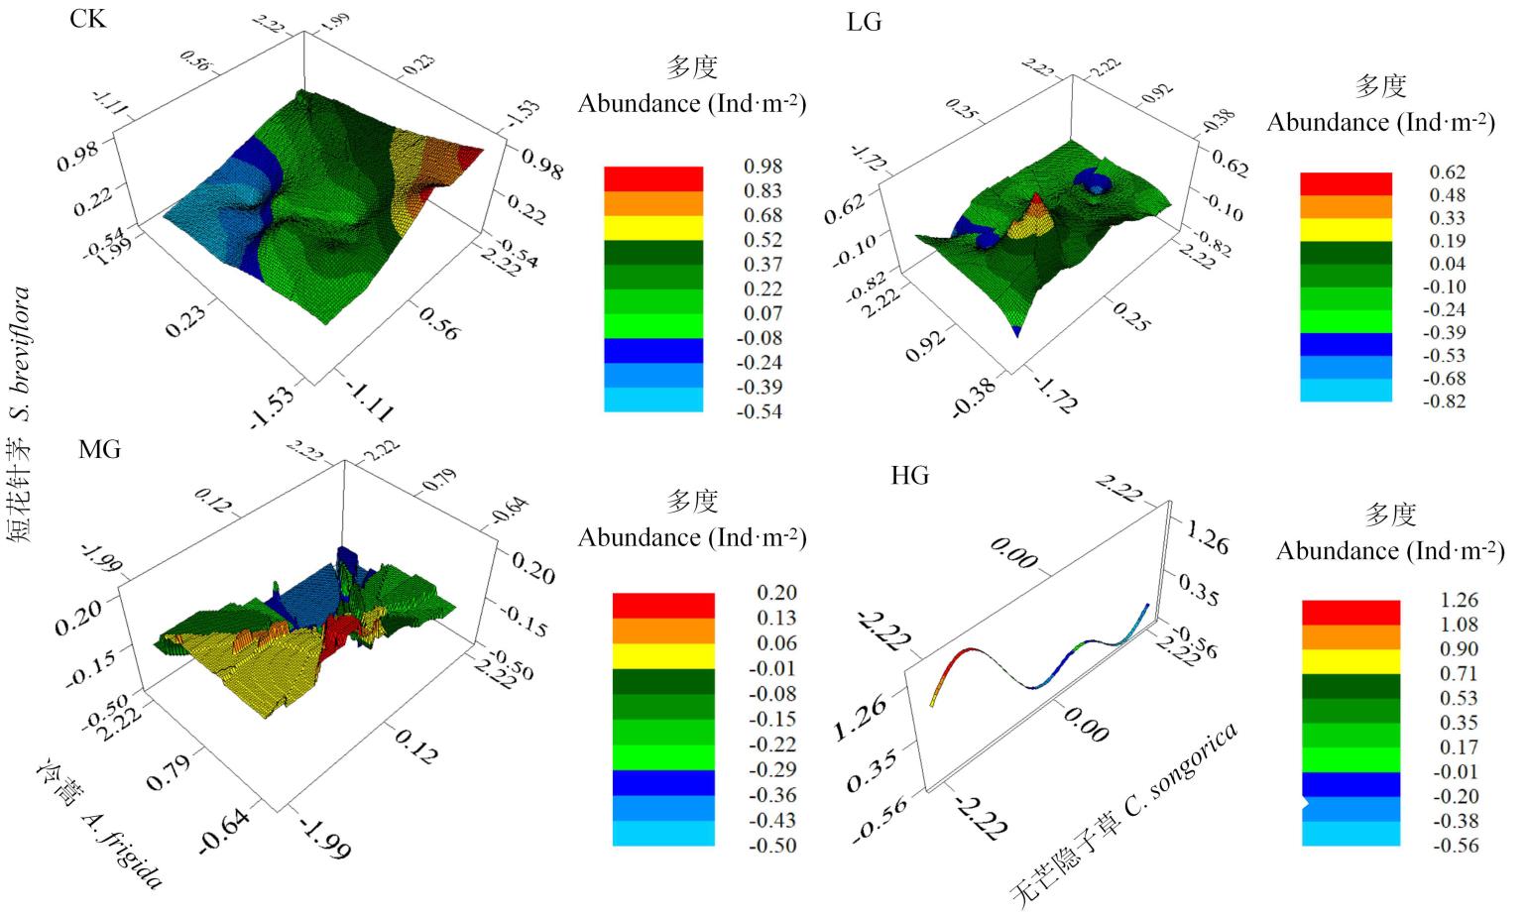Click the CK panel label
coord(87,19)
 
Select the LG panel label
coord(865,22)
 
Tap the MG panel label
coord(99,449)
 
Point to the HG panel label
coord(909,476)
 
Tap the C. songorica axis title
coord(1125,816)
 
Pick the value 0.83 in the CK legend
coord(763,191)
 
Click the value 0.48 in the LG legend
coord(1447,195)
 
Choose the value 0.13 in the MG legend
coord(776,619)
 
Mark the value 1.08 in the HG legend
coord(1460,625)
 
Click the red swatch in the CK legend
coord(653,178)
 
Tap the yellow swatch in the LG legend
coord(1346,230)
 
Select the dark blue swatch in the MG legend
coord(663,782)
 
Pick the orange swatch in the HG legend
coord(1351,636)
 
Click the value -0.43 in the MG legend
coord(772,821)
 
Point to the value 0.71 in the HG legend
coord(1460,674)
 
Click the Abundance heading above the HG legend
coord(1390,551)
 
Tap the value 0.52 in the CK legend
coord(763,240)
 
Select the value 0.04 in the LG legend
coord(1447,264)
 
